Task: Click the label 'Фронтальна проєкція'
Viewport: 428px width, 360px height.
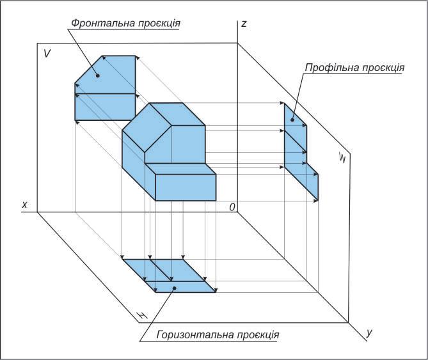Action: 125,22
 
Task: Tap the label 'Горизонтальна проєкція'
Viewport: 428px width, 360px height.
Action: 218,334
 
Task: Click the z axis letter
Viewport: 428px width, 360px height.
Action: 244,24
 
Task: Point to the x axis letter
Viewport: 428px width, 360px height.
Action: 24,205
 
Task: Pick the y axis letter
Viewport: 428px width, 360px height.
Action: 370,333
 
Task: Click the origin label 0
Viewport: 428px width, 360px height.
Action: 233,207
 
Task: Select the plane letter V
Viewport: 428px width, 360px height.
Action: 47,54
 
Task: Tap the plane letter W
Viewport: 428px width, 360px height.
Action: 343,158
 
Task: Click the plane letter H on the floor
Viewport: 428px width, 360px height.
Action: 143,315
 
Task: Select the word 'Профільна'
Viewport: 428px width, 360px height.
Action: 328,67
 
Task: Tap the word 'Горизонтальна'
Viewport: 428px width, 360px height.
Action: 190,334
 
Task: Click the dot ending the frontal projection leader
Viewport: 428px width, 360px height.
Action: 98,75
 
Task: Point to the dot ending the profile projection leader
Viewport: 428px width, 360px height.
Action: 294,119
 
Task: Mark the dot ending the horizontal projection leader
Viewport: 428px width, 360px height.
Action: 175,288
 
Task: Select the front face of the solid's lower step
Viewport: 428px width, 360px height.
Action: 186,186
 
